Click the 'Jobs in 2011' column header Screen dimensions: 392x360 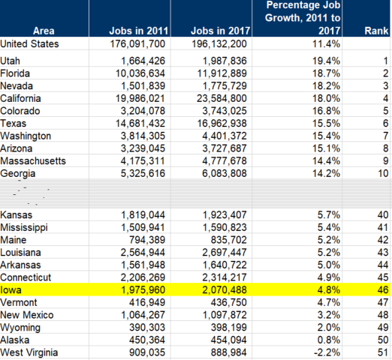(138, 31)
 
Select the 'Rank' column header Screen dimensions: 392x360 (376, 31)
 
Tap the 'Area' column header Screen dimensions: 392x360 (44, 31)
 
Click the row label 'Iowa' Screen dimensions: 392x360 (11, 290)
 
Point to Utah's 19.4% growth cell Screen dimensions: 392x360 (326, 61)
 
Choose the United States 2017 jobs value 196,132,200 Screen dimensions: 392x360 (219, 44)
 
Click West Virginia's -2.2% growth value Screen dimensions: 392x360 (327, 352)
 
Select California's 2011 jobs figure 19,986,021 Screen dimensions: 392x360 (140, 98)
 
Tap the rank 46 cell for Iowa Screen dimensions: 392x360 (383, 290)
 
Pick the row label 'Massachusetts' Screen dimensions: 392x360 (33, 161)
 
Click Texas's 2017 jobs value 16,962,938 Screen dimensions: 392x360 (222, 124)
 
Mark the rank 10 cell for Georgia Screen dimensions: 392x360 (383, 173)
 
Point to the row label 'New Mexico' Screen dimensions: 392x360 (27, 315)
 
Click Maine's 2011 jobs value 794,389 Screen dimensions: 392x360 (147, 240)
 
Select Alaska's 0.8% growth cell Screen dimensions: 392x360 (329, 340)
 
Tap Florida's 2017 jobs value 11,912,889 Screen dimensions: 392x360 (222, 73)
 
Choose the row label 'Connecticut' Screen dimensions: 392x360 (26, 277)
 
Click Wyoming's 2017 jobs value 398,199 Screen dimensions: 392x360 (229, 328)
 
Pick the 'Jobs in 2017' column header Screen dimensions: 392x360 (220, 31)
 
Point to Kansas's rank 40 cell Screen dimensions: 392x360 (383, 215)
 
